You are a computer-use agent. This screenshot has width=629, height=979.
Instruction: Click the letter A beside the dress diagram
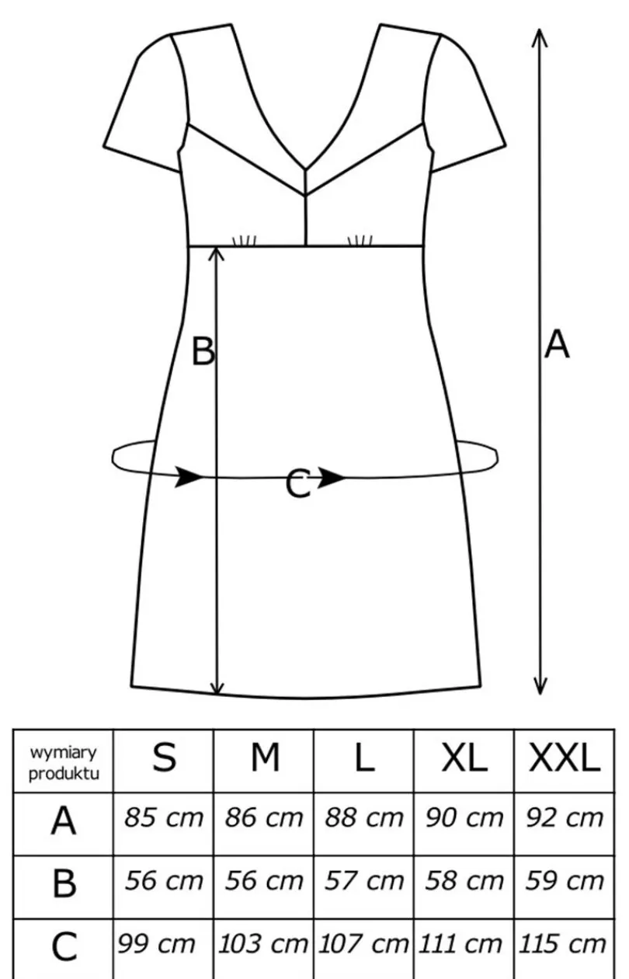click(x=557, y=344)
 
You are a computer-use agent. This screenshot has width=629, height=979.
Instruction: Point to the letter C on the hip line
click(x=298, y=483)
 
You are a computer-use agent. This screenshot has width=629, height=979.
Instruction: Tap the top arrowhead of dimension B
click(x=216, y=255)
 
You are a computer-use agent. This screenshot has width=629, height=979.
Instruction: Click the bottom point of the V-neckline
click(x=305, y=169)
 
